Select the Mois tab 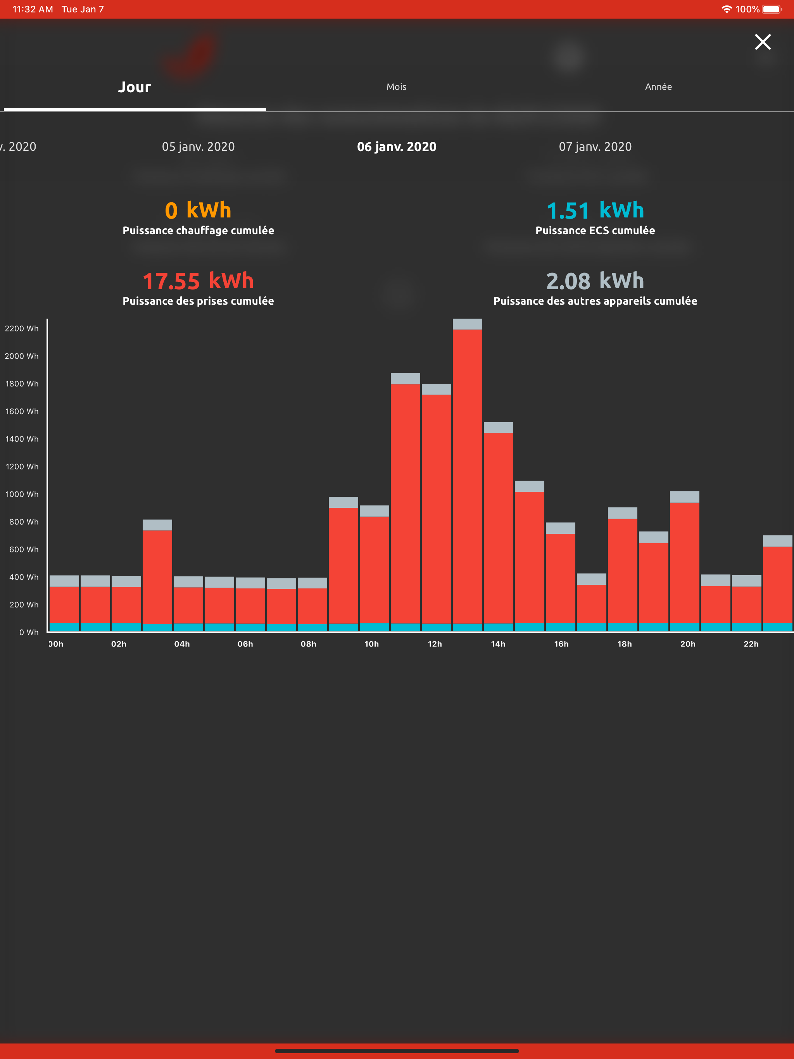point(397,87)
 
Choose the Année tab point(658,87)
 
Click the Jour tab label point(135,87)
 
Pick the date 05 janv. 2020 point(198,147)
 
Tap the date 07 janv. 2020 point(595,147)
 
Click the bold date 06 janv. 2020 point(397,147)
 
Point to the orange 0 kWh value point(198,210)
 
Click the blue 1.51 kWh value point(595,210)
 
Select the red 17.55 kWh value point(198,281)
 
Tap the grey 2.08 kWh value point(595,281)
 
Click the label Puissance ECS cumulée point(595,230)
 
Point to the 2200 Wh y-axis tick point(22,328)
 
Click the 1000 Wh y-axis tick point(22,494)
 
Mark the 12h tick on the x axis point(435,644)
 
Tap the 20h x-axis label point(688,644)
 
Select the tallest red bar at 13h point(468,476)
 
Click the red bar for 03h point(157,577)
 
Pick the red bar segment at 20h point(684,563)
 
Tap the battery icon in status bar point(772,9)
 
